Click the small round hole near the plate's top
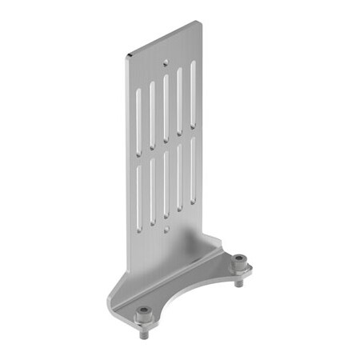point(165,61)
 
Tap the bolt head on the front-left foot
point(144,310)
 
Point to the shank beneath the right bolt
point(238,279)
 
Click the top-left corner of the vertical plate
point(126,56)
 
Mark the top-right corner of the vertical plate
point(201,22)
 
